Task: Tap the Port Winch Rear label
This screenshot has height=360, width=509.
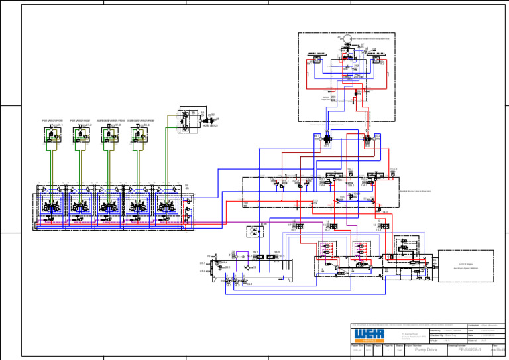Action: tap(79, 121)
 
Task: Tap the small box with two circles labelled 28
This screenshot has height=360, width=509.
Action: tap(253, 231)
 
